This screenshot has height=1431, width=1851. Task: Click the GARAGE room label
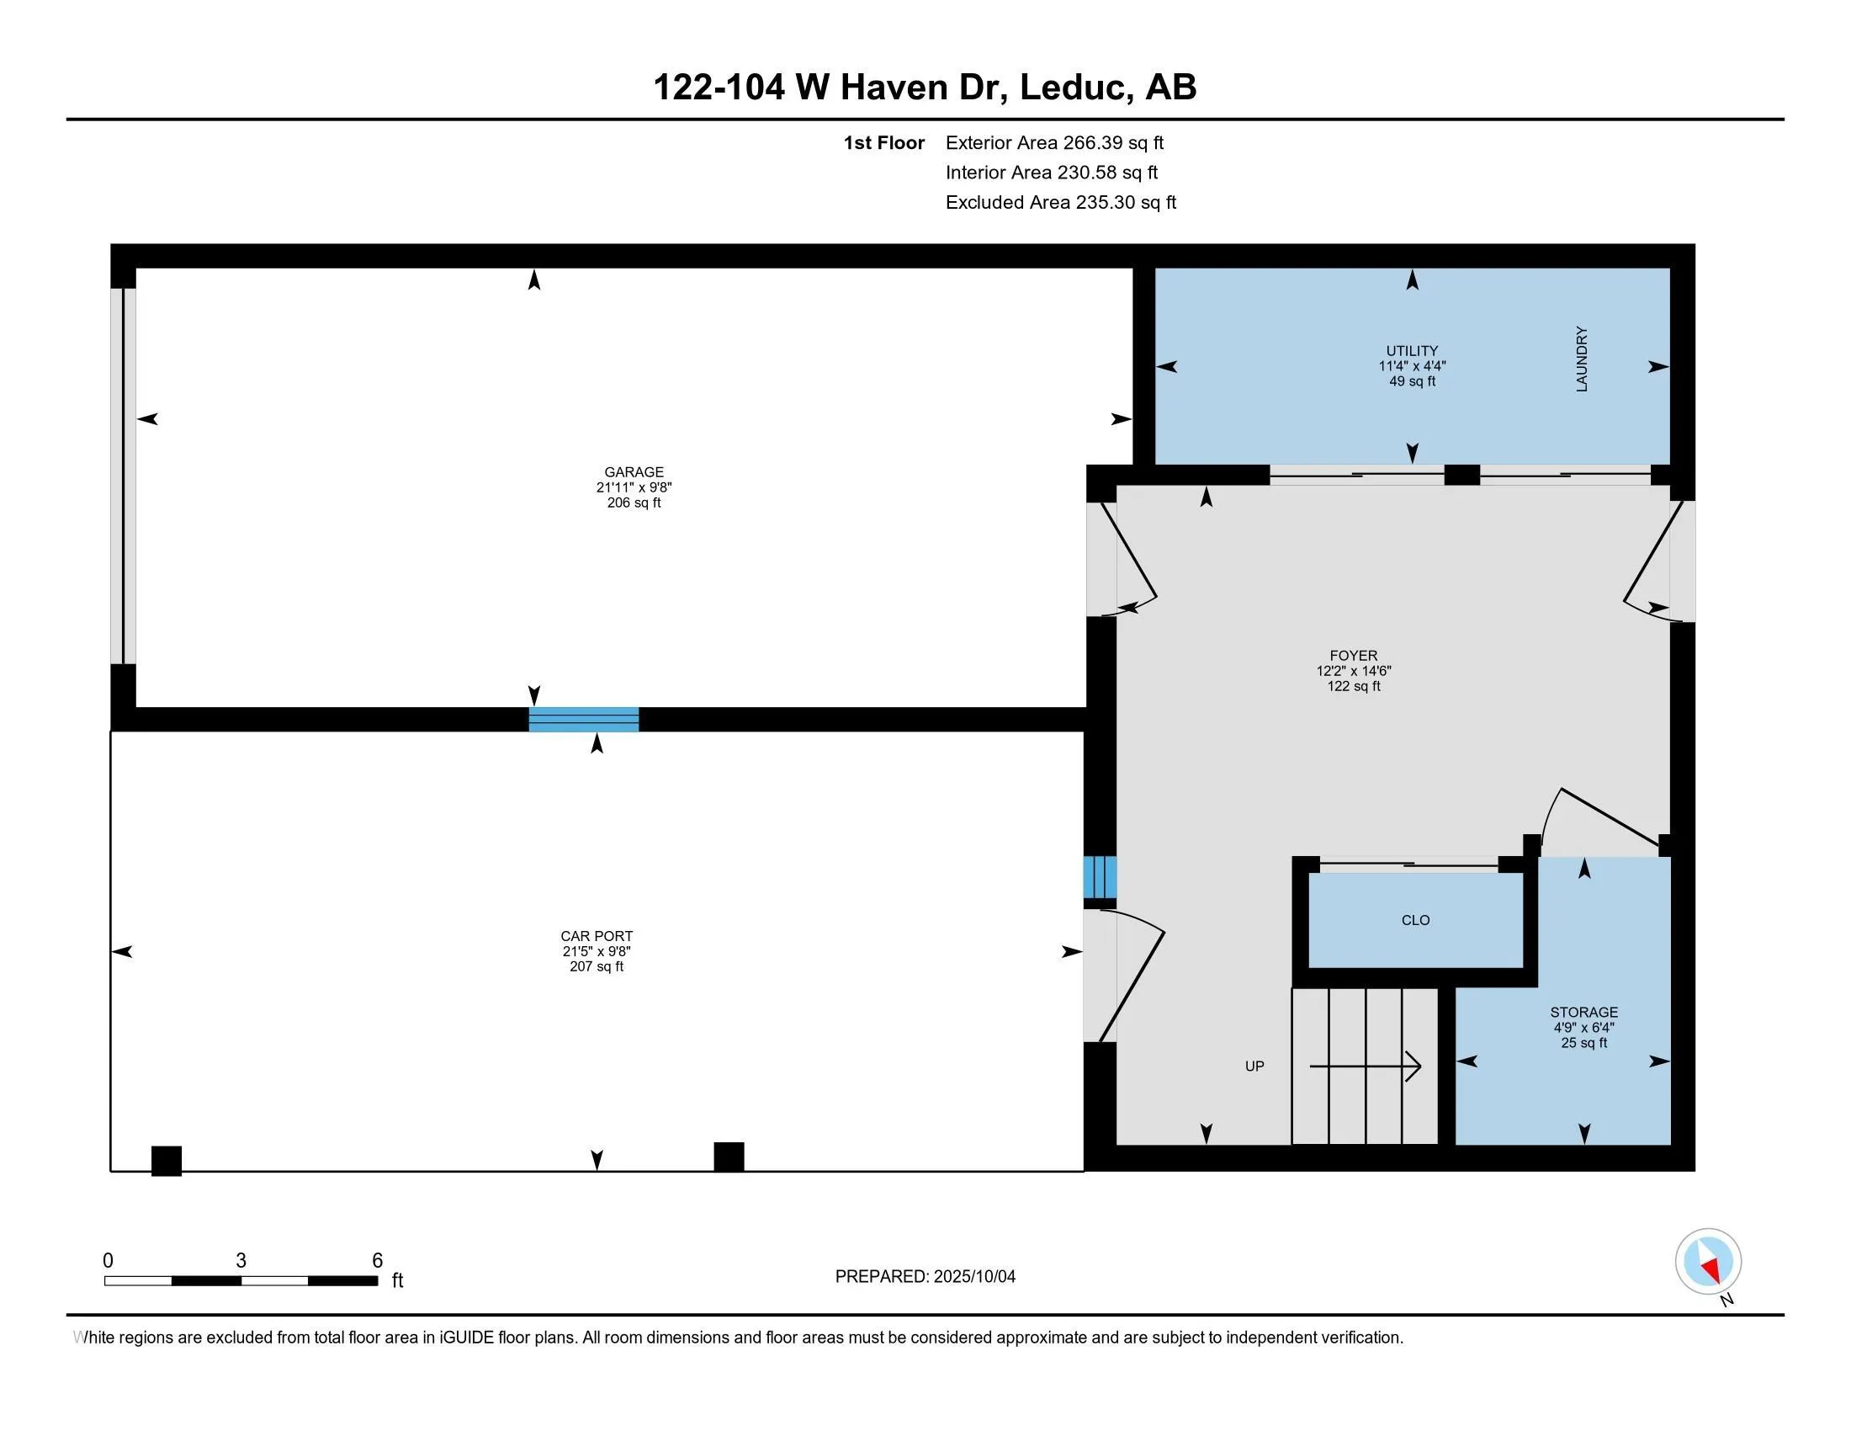634,472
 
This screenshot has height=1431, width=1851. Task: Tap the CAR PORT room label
597,936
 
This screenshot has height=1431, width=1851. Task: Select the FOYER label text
1354,655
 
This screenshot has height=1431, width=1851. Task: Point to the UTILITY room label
1412,351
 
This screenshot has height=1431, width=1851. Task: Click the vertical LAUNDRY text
1582,359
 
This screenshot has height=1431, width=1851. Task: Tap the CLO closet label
1415,920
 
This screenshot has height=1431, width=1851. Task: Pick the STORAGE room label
1584,1012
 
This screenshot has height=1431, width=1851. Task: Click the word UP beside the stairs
1254,1067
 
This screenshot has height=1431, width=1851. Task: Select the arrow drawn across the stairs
1366,1066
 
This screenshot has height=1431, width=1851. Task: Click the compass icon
1708,1262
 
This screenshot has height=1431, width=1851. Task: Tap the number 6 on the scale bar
378,1261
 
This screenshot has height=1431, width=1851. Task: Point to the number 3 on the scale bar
241,1261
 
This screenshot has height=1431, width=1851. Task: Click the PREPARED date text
925,1277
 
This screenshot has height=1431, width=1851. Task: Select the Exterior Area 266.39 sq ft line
1054,142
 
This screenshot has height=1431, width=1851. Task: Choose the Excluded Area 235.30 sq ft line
1061,202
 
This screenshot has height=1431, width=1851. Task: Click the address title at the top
925,87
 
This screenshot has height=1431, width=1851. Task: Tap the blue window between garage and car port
584,719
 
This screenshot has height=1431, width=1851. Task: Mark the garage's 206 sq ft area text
634,503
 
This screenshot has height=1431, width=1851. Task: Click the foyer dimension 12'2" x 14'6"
1354,671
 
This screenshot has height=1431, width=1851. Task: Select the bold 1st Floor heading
884,142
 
